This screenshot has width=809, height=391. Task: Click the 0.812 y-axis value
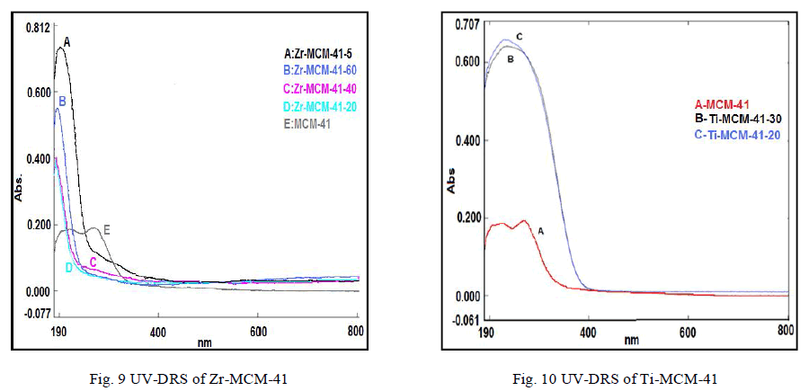tap(37, 27)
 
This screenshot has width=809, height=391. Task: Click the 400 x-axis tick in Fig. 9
tap(158, 331)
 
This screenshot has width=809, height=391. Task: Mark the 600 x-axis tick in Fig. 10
tap(688, 331)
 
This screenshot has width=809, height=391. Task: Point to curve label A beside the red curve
tap(540, 231)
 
